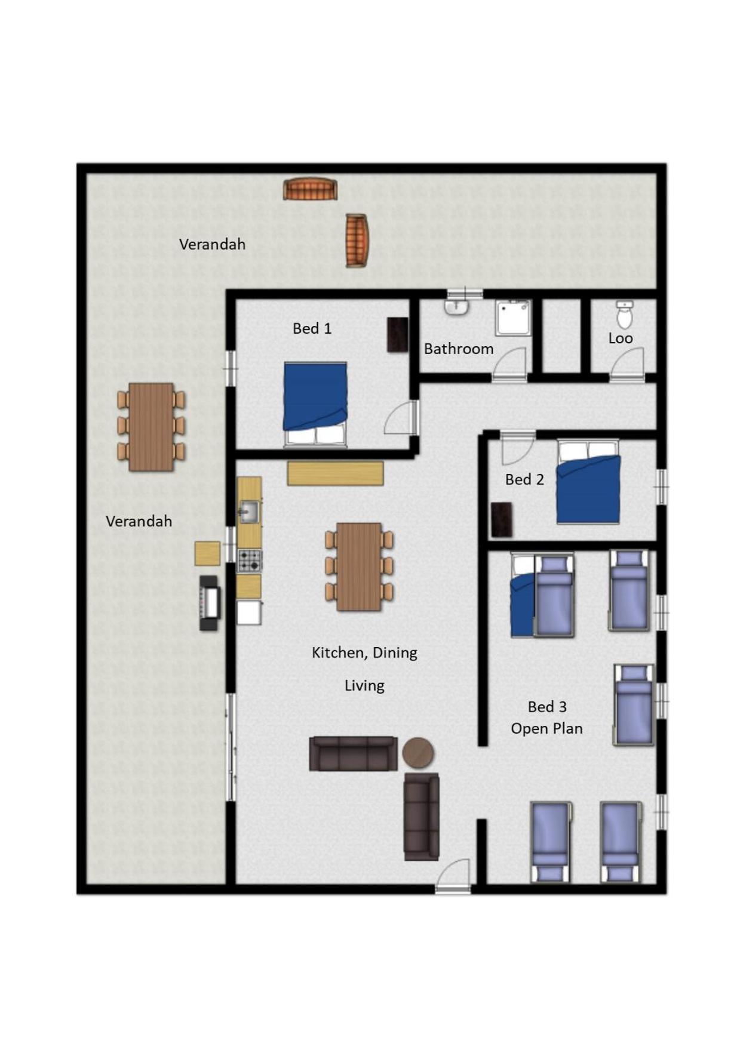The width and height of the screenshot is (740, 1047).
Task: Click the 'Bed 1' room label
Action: [x=311, y=328]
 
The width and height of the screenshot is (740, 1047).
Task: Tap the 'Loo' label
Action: [x=620, y=338]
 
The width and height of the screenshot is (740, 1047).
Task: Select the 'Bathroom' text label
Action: [x=459, y=349]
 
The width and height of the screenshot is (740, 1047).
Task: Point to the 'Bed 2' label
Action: [x=524, y=479]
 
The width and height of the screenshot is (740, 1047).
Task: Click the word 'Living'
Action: [x=364, y=686]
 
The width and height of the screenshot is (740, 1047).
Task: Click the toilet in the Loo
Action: [x=624, y=315]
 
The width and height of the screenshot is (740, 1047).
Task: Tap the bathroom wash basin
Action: [x=457, y=307]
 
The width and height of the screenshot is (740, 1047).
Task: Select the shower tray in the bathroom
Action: [x=512, y=318]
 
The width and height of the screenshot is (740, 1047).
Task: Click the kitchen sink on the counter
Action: [x=249, y=512]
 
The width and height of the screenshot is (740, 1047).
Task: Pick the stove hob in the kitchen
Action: [x=250, y=561]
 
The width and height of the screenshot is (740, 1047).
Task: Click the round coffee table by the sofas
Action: [x=418, y=753]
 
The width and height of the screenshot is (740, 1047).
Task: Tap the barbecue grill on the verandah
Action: [x=209, y=603]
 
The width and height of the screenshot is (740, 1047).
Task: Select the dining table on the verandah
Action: [x=151, y=427]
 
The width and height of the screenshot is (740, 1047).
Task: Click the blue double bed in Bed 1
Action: [x=315, y=404]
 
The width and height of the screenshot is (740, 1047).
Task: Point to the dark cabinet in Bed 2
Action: [x=502, y=520]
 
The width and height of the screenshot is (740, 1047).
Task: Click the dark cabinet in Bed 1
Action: [x=398, y=334]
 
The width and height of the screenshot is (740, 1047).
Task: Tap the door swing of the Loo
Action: [x=627, y=364]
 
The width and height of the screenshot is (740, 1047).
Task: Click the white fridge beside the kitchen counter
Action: [x=249, y=612]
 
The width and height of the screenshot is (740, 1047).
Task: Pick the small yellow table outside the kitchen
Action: [x=207, y=553]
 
